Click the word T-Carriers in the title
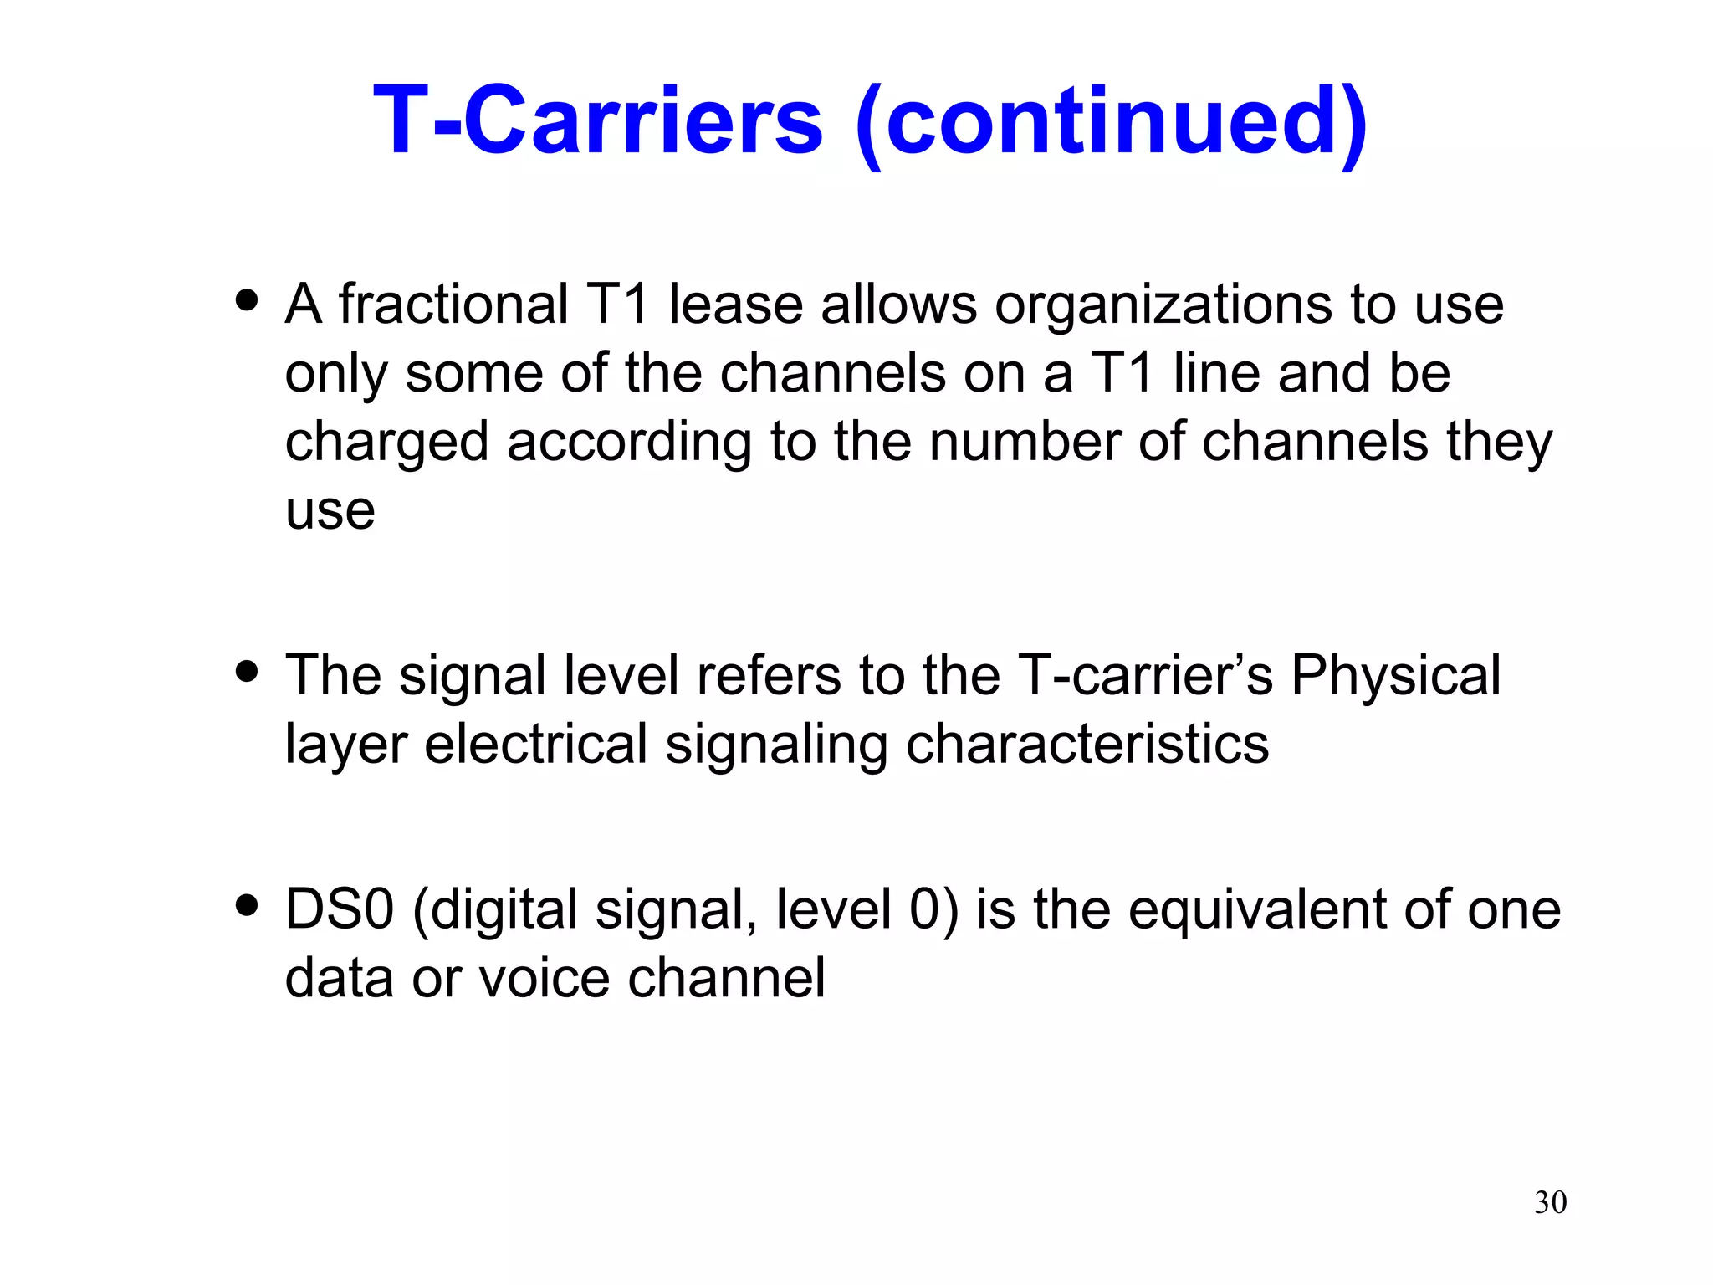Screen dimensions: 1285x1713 coord(598,121)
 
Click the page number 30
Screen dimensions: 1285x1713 coord(1550,1202)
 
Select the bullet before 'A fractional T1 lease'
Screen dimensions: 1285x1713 coord(247,299)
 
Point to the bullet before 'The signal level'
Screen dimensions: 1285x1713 coord(247,671)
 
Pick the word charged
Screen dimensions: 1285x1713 coord(386,443)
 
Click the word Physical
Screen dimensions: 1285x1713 coord(1395,675)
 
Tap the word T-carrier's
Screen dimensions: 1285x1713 coord(1145,675)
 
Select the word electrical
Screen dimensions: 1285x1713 coord(536,744)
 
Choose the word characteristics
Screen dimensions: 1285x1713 coord(1087,744)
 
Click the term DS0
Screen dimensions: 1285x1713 coord(339,909)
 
